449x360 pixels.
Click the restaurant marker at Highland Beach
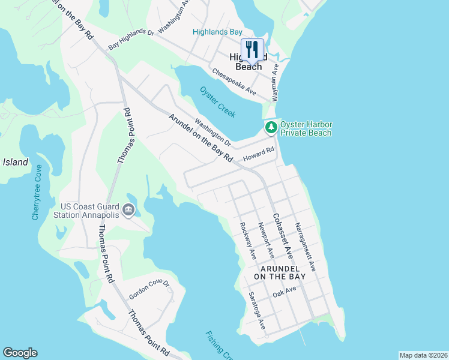pyautogui.click(x=252, y=50)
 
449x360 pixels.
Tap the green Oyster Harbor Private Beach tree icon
pyautogui.click(x=271, y=127)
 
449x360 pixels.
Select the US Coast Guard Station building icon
pyautogui.click(x=128, y=209)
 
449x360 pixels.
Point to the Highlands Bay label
pyautogui.click(x=217, y=32)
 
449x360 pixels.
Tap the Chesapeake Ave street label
pyautogui.click(x=234, y=82)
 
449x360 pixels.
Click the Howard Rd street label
pyautogui.click(x=258, y=154)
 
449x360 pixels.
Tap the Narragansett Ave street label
pyautogui.click(x=305, y=246)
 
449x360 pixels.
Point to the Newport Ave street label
pyautogui.click(x=265, y=240)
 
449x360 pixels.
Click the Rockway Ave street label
pyautogui.click(x=248, y=241)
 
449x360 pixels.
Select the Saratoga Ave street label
pyautogui.click(x=257, y=311)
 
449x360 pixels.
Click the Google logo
pyautogui.click(x=20, y=353)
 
